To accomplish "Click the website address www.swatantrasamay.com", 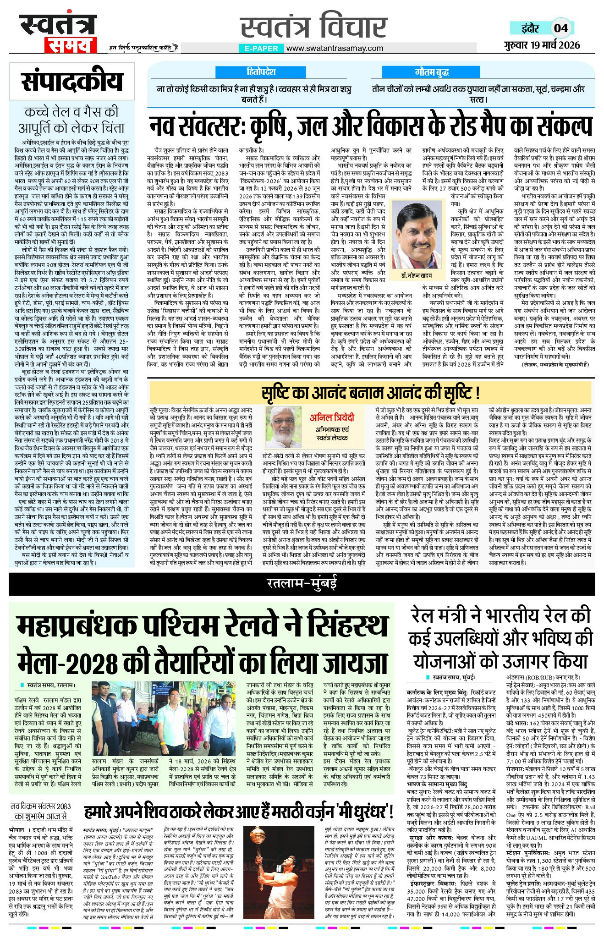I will pos(335,48).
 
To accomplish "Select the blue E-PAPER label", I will pos(261,48).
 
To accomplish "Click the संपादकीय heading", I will pos(72,81).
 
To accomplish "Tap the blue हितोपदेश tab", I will pos(261,72).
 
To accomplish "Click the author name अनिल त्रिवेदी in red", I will pos(332,417).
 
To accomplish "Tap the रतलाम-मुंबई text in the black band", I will pos(302,583).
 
